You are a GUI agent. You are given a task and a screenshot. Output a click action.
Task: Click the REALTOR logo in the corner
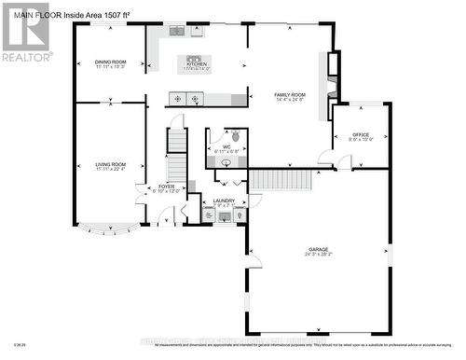(25, 33)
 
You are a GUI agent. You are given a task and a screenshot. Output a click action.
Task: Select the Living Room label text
(109, 166)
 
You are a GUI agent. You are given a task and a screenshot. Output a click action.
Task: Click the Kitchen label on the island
(196, 64)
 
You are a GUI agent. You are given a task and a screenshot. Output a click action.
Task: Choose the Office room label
(361, 136)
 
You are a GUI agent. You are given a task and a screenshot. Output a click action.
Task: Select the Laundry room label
(224, 201)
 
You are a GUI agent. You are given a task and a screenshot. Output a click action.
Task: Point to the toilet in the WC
(235, 135)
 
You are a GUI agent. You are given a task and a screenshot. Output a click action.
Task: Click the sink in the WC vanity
(226, 161)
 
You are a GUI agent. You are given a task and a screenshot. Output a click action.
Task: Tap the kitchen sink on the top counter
(175, 31)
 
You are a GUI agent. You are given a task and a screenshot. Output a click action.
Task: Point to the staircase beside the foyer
(176, 154)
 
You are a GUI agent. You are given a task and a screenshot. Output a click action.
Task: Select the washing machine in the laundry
(210, 215)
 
